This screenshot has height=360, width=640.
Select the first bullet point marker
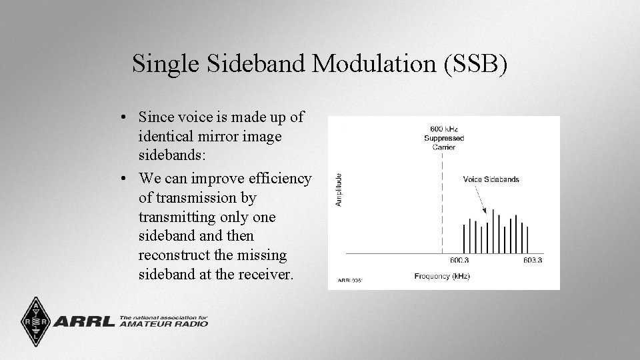[125, 117]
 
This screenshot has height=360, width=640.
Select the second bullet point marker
[125, 179]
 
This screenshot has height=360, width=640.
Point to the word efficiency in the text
[279, 179]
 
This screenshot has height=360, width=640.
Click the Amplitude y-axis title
[339, 189]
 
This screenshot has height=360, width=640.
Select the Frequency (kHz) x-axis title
[441, 276]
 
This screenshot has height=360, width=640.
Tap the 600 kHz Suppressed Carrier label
[444, 138]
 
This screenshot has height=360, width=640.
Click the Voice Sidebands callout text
[491, 179]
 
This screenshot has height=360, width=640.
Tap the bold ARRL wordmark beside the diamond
[83, 321]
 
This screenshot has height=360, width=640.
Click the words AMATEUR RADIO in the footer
[163, 324]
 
